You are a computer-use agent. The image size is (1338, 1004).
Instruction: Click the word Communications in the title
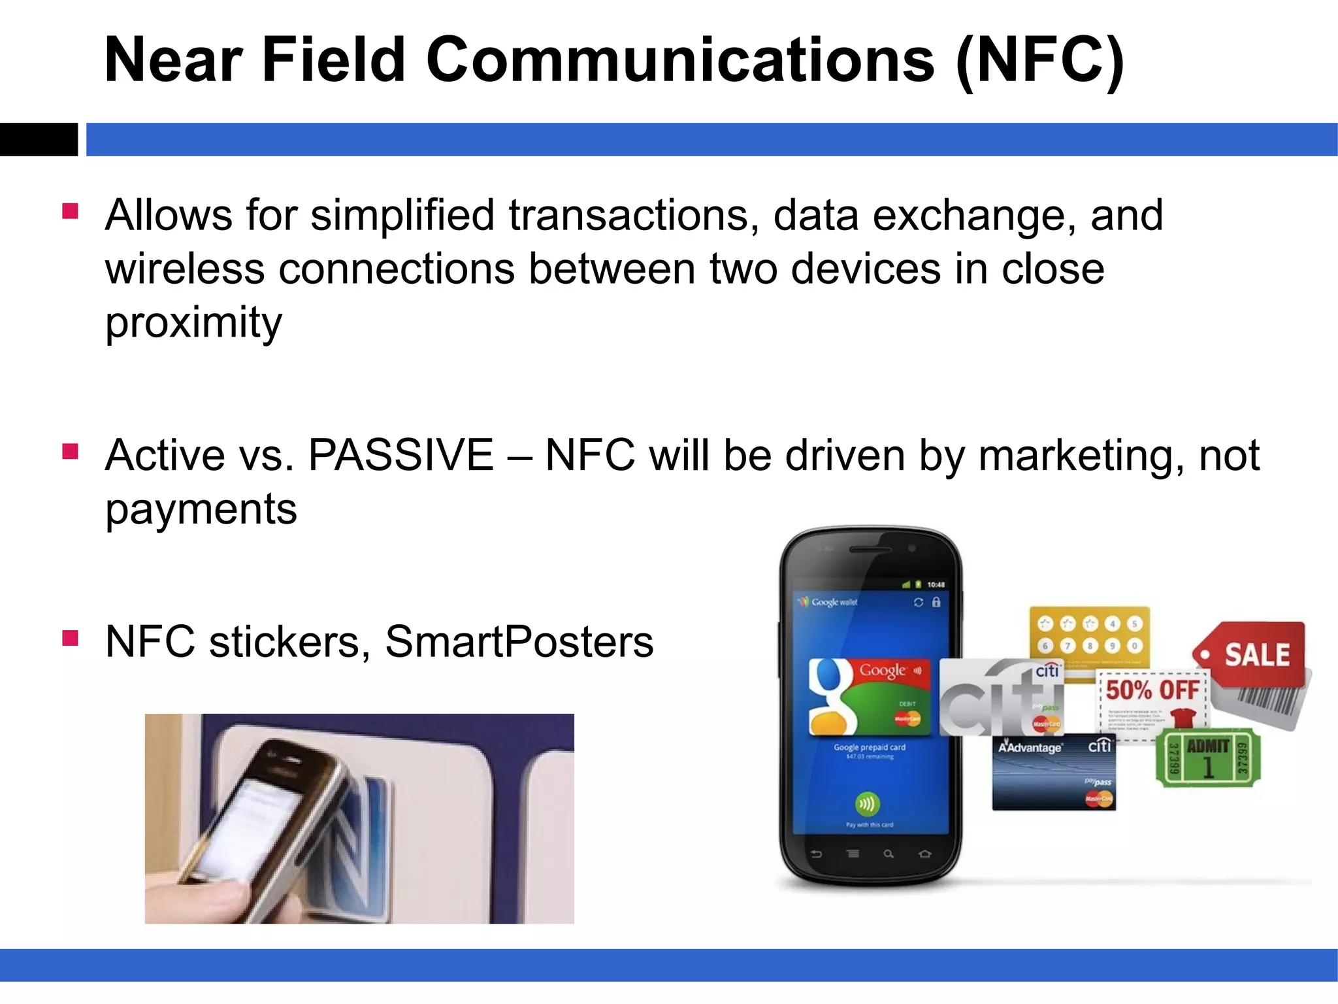click(679, 60)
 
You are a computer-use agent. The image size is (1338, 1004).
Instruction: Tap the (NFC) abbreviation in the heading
click(1039, 60)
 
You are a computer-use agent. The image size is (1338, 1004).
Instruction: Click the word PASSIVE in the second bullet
click(400, 455)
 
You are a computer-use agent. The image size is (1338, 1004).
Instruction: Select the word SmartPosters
click(519, 642)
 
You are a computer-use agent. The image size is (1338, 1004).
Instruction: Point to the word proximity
click(193, 323)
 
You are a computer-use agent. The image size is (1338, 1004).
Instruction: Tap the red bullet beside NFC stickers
click(70, 638)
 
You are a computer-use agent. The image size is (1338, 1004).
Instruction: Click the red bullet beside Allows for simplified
click(70, 211)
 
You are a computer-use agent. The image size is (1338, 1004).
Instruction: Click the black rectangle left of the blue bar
click(38, 139)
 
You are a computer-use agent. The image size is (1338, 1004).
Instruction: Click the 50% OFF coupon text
click(1152, 690)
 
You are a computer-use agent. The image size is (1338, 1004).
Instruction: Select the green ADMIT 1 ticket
click(1208, 758)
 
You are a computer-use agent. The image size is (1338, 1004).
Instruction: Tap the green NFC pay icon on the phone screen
click(867, 804)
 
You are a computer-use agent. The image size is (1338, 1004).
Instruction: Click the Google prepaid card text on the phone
click(869, 747)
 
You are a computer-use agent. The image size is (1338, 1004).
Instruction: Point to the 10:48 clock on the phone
click(936, 584)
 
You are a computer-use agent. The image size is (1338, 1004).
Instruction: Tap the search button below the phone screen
click(889, 854)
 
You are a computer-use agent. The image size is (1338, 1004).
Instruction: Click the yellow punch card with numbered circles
click(1088, 634)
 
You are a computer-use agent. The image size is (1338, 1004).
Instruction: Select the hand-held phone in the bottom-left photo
click(274, 824)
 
